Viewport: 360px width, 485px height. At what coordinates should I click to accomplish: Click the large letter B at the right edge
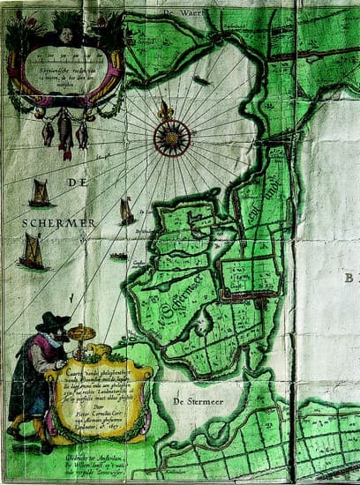352,278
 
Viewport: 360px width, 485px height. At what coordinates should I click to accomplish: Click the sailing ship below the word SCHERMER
33,253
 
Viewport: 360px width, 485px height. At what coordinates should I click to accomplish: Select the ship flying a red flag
127,211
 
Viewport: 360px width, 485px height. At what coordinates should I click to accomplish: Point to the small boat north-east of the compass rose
201,82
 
